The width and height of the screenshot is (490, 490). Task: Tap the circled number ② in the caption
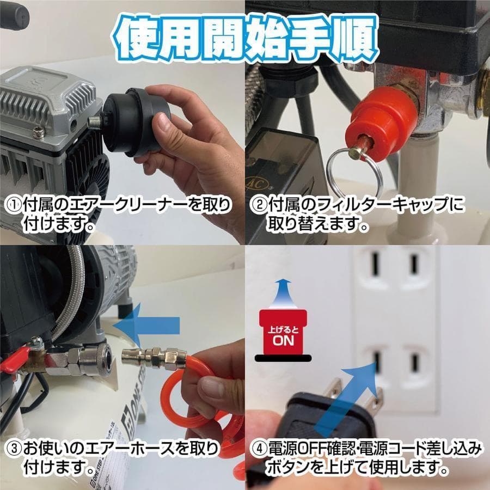point(259,205)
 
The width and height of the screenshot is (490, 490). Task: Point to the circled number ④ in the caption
point(259,450)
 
